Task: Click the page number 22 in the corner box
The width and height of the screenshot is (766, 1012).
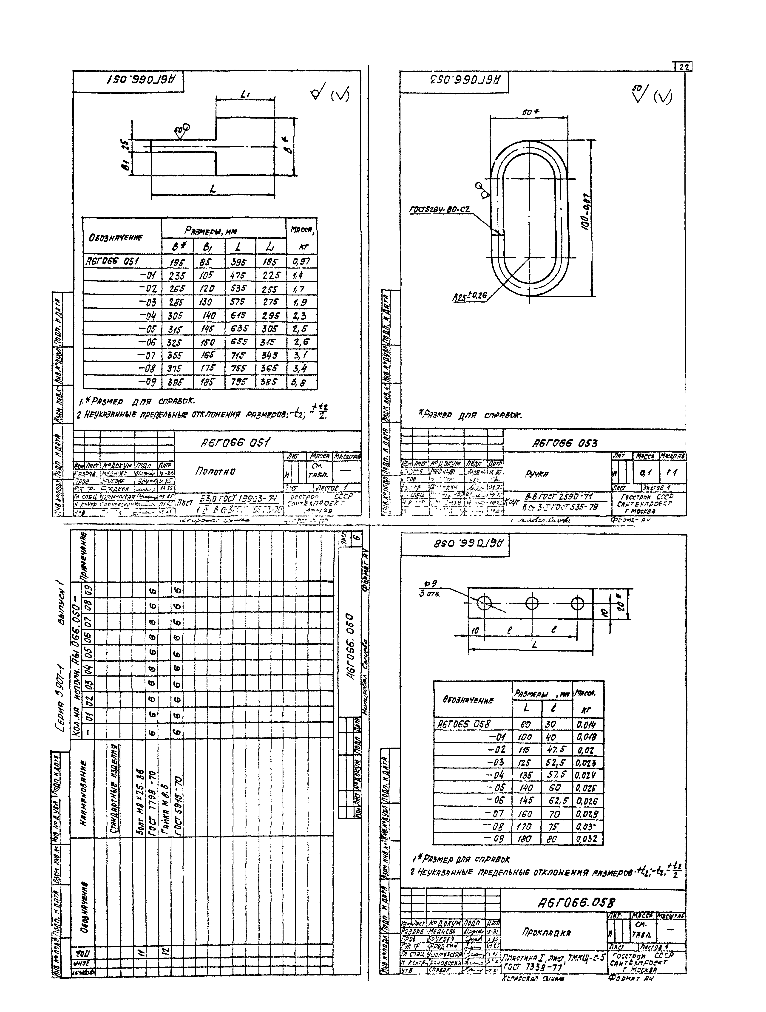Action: click(x=684, y=67)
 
